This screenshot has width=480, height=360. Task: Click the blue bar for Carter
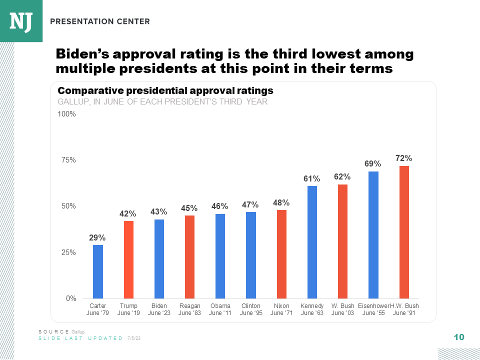97,271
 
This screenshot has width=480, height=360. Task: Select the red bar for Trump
128,259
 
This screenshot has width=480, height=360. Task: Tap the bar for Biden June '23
159,258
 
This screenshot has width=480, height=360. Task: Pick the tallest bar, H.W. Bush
404,232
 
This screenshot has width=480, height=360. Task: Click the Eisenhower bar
373,235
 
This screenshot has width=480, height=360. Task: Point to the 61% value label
312,178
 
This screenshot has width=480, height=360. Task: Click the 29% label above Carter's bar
97,237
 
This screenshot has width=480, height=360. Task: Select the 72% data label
404,158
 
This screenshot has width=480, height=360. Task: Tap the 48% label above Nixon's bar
281,202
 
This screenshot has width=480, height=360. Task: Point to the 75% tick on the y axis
68,160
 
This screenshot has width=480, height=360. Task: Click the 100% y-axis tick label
66,114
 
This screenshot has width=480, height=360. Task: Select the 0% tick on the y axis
70,298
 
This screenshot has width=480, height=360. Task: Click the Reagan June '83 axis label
189,309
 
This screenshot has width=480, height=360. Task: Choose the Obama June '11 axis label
220,309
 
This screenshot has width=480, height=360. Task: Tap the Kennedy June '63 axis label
312,309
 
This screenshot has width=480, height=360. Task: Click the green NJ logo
21,21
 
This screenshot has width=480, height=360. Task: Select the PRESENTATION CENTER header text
100,21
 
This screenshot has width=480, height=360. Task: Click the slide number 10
459,337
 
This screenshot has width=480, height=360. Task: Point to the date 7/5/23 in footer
134,338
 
